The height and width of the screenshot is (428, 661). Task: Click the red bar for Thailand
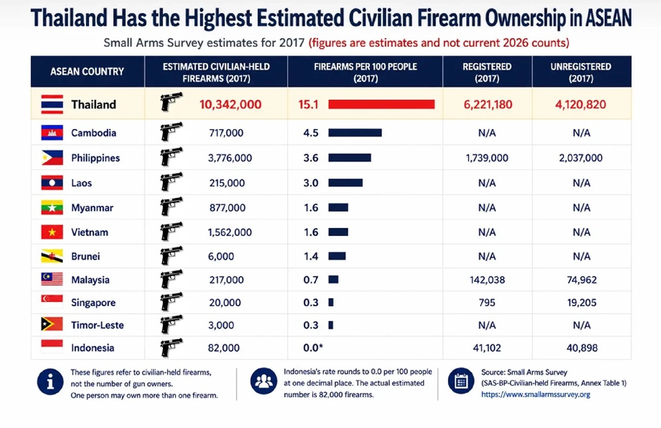click(x=381, y=104)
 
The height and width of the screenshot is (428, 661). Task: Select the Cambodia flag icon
click(x=52, y=133)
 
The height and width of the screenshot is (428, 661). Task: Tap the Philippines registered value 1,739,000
click(x=487, y=158)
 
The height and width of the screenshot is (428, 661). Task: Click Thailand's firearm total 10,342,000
click(x=230, y=104)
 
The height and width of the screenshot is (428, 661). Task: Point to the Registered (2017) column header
click(x=487, y=73)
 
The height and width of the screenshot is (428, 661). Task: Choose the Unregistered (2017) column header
click(x=581, y=73)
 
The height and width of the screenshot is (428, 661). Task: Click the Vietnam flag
click(x=52, y=232)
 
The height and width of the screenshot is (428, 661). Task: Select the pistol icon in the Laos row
click(x=171, y=182)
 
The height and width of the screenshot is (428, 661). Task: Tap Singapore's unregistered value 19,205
click(x=581, y=302)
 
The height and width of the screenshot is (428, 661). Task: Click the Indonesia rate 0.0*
click(x=313, y=348)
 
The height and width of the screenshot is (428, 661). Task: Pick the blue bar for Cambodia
click(x=355, y=133)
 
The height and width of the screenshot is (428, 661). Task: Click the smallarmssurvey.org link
click(x=536, y=394)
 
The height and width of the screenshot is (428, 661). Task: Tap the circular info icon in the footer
click(x=50, y=382)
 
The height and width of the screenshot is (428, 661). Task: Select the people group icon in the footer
click(x=263, y=381)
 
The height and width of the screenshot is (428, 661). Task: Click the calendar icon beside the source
click(x=461, y=381)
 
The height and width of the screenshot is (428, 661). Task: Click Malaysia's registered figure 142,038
click(x=487, y=279)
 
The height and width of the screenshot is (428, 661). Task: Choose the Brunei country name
click(x=86, y=256)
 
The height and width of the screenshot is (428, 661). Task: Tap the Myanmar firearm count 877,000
click(x=227, y=208)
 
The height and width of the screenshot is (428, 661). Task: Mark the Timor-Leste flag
click(x=52, y=324)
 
